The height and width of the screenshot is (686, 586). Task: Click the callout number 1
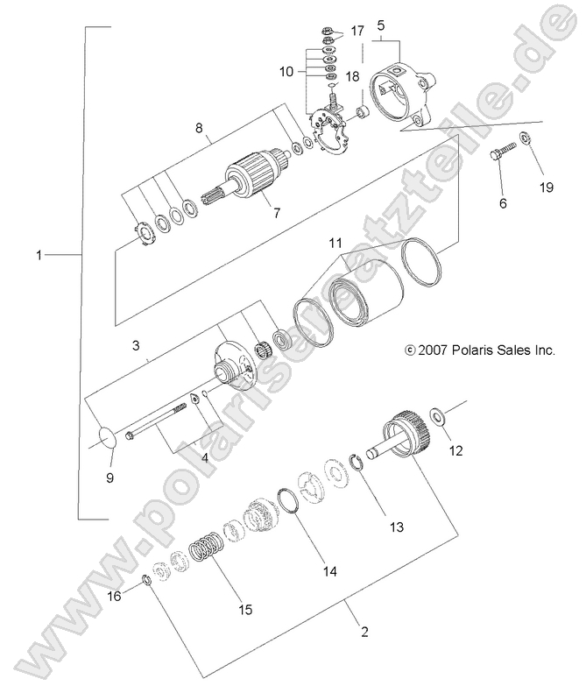point(39,255)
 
